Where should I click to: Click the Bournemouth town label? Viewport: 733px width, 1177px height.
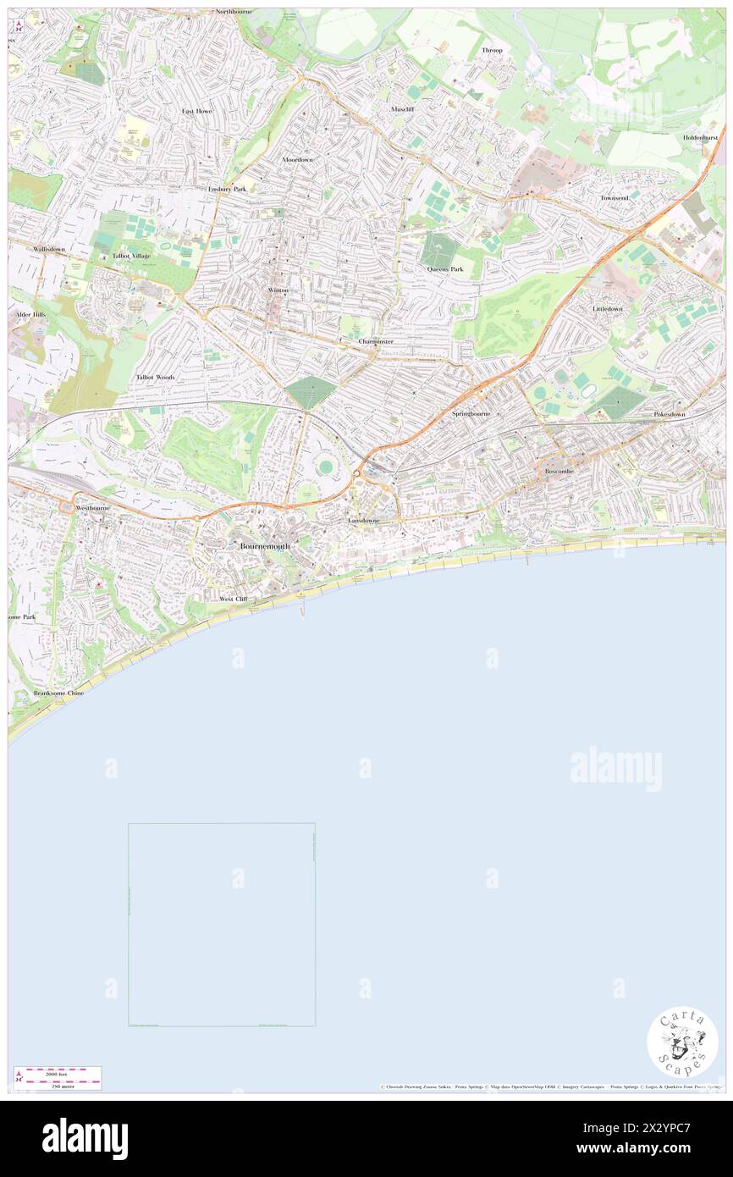pyautogui.click(x=265, y=546)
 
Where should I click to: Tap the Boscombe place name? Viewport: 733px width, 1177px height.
pyautogui.click(x=559, y=471)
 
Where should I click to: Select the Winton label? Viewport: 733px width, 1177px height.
pyautogui.click(x=278, y=290)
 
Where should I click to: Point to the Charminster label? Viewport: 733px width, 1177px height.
pyautogui.click(x=376, y=341)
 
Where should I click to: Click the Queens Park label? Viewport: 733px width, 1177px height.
pyautogui.click(x=444, y=269)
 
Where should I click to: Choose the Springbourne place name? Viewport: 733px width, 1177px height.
pyautogui.click(x=471, y=413)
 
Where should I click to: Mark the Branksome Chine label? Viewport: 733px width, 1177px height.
pyautogui.click(x=58, y=693)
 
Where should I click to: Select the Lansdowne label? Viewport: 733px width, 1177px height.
pyautogui.click(x=364, y=520)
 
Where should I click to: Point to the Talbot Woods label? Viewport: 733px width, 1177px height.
pyautogui.click(x=155, y=377)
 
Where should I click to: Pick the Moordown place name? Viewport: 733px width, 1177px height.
pyautogui.click(x=297, y=159)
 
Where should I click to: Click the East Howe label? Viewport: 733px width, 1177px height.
pyautogui.click(x=197, y=111)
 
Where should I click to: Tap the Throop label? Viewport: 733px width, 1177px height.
pyautogui.click(x=492, y=50)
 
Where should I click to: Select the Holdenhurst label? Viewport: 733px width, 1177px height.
pyautogui.click(x=703, y=137)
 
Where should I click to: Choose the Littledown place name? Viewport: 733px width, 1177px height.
pyautogui.click(x=607, y=309)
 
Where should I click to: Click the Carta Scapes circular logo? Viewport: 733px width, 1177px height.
pyautogui.click(x=682, y=1042)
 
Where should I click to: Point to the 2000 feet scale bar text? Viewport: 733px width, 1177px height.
pyautogui.click(x=58, y=1072)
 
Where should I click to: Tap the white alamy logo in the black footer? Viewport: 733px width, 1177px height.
pyautogui.click(x=85, y=1139)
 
